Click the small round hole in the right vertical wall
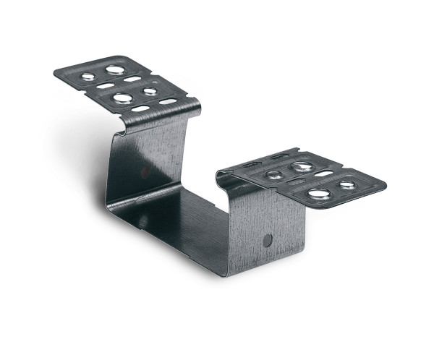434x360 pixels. [268, 240]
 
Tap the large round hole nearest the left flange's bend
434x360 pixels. [123, 98]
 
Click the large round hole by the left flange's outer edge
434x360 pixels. [114, 70]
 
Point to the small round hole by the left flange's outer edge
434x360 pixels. [88, 76]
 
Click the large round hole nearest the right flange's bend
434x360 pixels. [302, 167]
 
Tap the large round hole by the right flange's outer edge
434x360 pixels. [318, 193]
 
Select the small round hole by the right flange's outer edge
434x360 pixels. [347, 185]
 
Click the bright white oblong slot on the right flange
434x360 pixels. [323, 174]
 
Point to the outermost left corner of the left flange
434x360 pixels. [55, 71]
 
